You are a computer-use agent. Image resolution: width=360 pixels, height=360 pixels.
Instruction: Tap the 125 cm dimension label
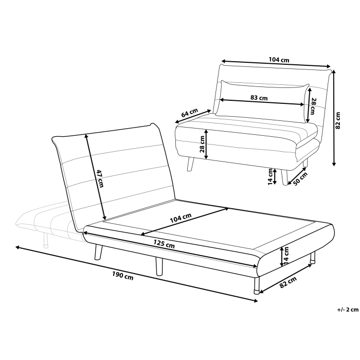pyautogui.click(x=164, y=244)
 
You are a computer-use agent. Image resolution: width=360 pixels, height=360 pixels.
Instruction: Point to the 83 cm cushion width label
pyautogui.click(x=259, y=97)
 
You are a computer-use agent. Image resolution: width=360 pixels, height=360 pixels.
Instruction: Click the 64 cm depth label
pyautogui.click(x=190, y=113)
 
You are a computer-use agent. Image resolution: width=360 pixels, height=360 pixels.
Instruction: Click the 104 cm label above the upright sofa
pyautogui.click(x=279, y=60)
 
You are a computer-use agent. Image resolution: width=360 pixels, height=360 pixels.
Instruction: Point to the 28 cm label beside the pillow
pyautogui.click(x=312, y=107)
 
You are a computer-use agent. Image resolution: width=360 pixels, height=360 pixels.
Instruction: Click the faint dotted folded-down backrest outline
pyautogui.click(x=39, y=222)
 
